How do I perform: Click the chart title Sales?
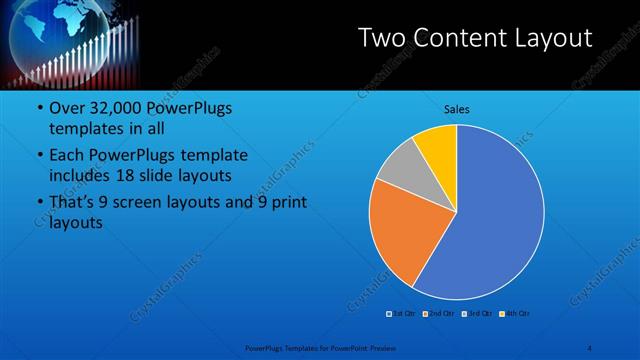click(456, 109)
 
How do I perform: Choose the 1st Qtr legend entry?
click(403, 313)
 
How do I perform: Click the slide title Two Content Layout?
click(475, 38)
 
